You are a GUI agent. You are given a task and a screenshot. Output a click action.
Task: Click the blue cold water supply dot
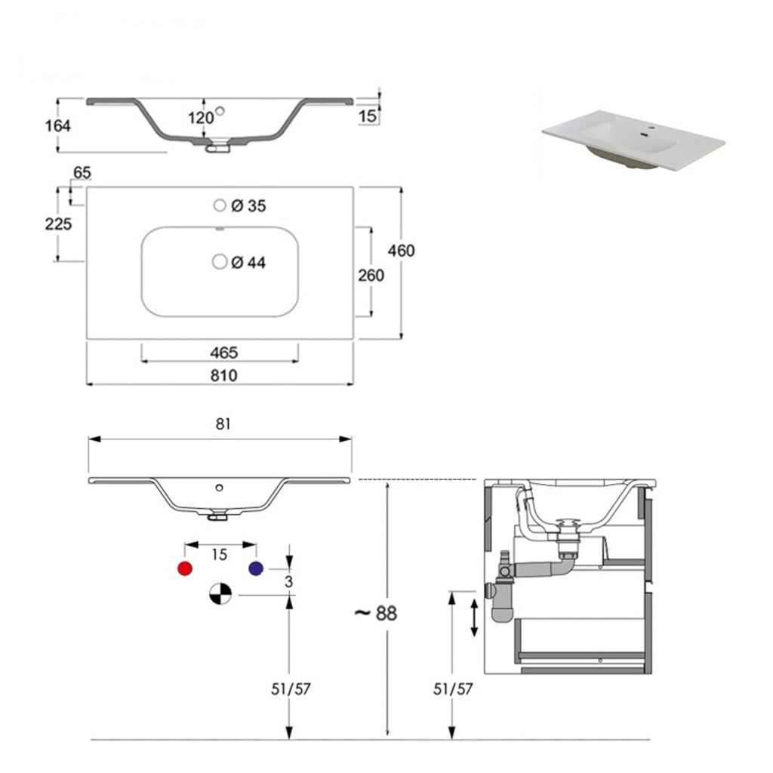click(255, 568)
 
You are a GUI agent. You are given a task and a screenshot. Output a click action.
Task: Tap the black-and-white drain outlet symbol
click(219, 595)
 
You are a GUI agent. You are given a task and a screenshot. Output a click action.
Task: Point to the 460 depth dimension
click(401, 250)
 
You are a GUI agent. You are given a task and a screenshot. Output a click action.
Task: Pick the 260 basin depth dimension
click(371, 276)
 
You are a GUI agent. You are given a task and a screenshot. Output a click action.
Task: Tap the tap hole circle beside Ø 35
click(220, 205)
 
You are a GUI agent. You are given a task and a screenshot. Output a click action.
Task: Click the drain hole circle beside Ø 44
click(220, 261)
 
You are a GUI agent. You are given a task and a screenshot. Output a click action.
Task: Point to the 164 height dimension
click(57, 125)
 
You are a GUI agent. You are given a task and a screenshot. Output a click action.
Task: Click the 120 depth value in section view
click(200, 118)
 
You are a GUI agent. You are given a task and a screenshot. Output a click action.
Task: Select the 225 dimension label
click(58, 224)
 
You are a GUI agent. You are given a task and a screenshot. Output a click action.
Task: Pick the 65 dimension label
click(82, 173)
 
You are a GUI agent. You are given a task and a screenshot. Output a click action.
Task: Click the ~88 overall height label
click(375, 612)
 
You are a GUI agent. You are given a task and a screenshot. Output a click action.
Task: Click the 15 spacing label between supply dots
click(219, 555)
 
